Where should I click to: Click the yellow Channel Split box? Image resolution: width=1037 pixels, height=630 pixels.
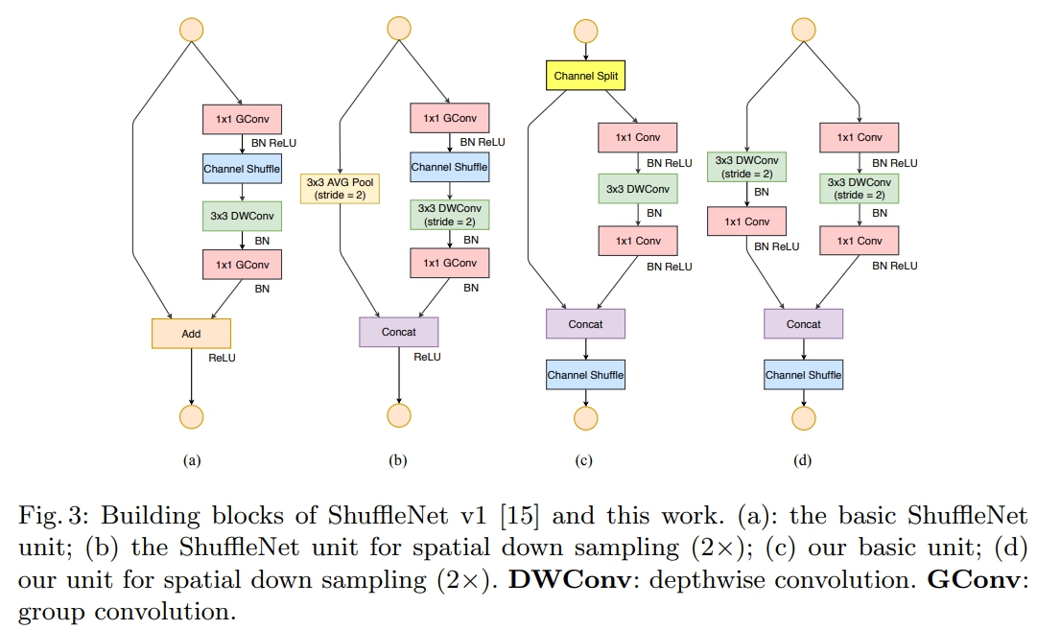pos(585,76)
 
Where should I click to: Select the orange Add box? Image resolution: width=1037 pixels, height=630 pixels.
pos(191,334)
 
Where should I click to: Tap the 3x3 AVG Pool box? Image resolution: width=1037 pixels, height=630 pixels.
pos(340,188)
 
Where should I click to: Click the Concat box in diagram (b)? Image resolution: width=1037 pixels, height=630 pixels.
pos(399,332)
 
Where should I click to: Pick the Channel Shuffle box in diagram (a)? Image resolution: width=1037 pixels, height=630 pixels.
pos(242,169)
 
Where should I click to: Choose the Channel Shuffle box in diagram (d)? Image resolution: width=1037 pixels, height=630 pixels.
pos(804,375)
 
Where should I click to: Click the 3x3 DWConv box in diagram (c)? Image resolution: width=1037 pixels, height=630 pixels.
pos(638,188)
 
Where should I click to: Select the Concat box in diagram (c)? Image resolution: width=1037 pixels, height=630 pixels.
pos(585,324)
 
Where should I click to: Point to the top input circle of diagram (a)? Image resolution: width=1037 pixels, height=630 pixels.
pos(192,30)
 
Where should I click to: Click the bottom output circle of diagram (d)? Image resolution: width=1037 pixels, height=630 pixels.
pos(804,418)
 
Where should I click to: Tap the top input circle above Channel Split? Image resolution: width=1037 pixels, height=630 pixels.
pos(585,31)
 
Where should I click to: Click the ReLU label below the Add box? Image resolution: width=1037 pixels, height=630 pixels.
pos(223,358)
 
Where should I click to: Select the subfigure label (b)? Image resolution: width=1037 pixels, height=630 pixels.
pos(397,460)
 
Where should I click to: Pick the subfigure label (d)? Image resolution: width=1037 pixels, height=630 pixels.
pos(802,460)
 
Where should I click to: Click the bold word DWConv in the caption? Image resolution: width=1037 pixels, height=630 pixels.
pos(570,580)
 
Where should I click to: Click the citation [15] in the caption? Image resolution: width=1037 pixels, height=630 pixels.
pos(520,516)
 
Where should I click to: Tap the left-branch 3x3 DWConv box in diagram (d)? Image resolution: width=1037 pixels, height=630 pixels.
pos(746,167)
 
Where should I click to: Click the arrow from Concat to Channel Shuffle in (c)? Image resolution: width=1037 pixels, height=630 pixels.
pos(585,349)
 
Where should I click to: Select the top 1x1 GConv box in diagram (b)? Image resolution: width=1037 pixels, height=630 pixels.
pos(450,118)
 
